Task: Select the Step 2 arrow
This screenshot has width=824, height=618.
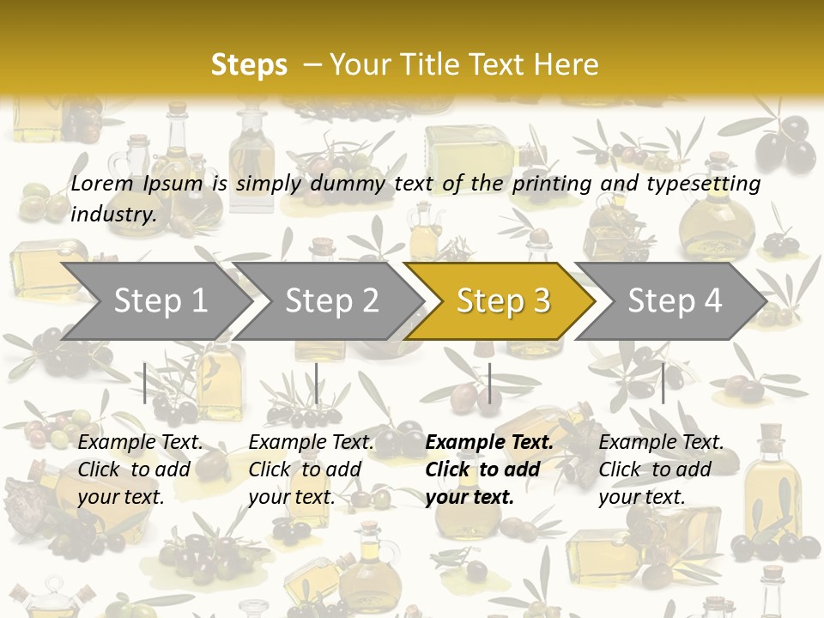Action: point(331,301)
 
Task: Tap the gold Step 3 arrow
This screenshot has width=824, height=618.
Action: point(503,301)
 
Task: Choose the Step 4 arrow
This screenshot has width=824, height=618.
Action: point(675,301)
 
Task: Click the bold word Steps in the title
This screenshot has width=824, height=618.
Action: point(249,64)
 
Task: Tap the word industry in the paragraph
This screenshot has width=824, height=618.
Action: point(112,214)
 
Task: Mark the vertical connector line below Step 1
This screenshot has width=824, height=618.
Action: point(145,383)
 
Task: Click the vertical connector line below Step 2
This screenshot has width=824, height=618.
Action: point(317,383)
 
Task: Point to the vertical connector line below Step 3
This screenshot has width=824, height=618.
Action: point(489,383)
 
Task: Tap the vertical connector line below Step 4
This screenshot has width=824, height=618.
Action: point(663,383)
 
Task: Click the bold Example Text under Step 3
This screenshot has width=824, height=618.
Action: point(489,442)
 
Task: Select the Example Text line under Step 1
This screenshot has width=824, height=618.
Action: point(140,442)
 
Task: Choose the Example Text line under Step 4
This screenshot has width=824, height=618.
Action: point(661,442)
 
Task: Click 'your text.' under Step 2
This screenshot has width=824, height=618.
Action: point(291,497)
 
